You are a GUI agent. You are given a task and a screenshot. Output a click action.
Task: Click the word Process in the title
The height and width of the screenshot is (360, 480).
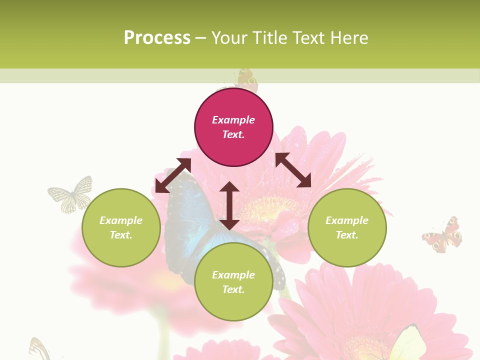157,38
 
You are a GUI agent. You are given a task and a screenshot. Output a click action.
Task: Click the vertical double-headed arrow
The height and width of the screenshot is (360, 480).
229,205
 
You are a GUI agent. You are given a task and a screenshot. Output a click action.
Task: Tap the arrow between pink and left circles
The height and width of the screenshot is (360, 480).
173,175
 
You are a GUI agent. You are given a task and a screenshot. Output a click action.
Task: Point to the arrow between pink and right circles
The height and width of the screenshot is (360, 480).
293,170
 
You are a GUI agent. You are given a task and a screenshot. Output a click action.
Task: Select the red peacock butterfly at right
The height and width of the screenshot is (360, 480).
443,235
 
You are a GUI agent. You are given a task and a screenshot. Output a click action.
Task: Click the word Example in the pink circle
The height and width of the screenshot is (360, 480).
233,120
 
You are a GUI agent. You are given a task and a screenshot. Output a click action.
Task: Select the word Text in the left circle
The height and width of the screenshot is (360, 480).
120,235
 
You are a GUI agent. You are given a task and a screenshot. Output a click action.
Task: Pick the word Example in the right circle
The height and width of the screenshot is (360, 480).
347,220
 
